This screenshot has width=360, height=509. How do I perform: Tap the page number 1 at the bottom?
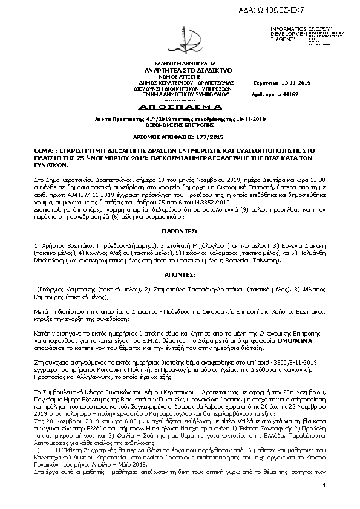click(x=326, y=503)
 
